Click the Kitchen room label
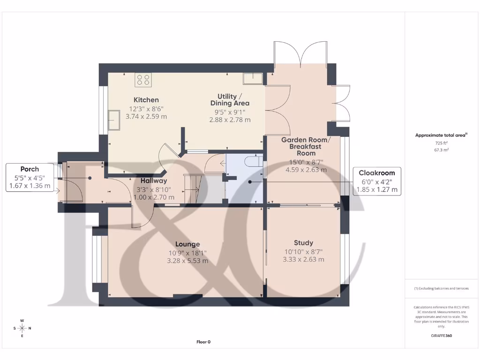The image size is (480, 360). (x=146, y=100)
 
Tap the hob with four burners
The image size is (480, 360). (x=143, y=80)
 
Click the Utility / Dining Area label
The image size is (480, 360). (x=230, y=99)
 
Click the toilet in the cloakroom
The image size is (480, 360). (x=254, y=162)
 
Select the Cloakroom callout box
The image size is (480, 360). (x=377, y=181)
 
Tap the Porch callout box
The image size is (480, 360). (x=30, y=178)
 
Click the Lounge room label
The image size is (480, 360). (x=187, y=244)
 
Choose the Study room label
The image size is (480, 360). (x=303, y=243)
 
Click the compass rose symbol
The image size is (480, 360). (x=22, y=328)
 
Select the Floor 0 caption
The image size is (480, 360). (x=203, y=342)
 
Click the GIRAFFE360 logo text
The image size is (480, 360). (x=442, y=336)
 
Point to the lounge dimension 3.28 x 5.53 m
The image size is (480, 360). (x=187, y=261)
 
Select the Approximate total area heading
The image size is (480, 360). (x=441, y=135)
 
